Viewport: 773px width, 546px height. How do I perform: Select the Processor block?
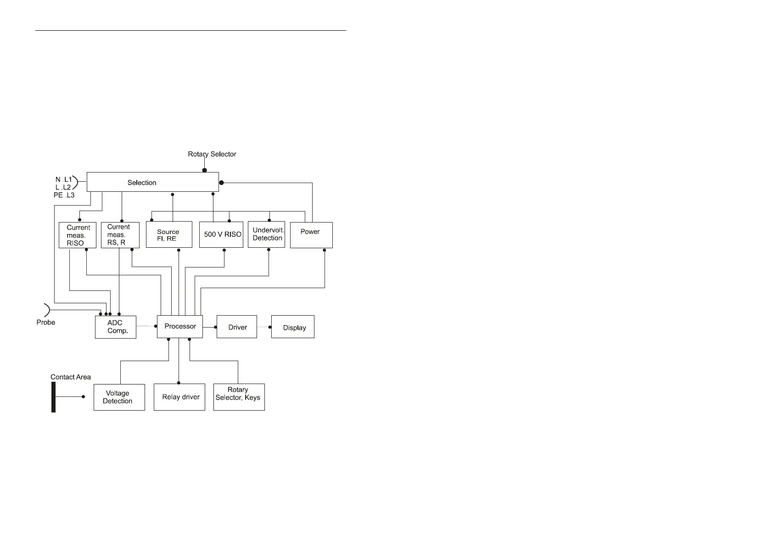179,327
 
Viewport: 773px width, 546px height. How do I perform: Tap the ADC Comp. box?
115,327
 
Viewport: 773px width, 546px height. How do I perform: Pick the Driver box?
236,327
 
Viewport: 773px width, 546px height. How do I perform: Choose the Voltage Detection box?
119,397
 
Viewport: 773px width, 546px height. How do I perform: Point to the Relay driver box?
179,397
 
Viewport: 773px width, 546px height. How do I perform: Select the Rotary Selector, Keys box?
239,397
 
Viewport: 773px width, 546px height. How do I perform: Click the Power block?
311,235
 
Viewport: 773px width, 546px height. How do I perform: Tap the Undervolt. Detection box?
266,235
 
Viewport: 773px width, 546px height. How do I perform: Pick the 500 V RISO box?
221,235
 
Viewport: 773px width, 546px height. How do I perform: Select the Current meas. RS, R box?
120,235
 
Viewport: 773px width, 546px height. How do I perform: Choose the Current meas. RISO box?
77,235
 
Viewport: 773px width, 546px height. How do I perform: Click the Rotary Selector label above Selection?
212,154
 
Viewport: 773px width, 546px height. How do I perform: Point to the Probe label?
45,323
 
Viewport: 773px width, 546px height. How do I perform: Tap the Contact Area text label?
70,377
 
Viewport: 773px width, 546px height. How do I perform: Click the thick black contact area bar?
53,397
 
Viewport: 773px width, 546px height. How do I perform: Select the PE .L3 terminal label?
64,195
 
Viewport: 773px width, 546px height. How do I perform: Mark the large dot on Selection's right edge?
221,183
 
